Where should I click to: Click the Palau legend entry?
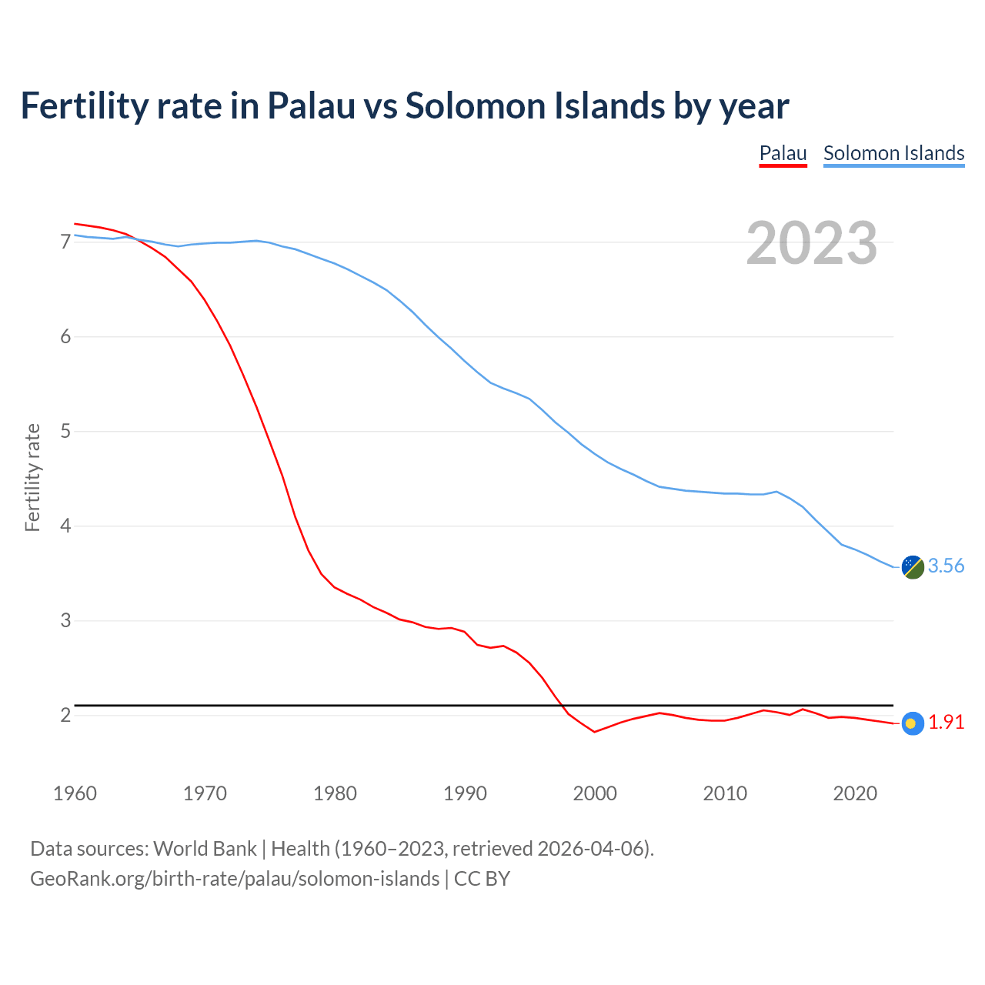783,153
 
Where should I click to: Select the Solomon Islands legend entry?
893,153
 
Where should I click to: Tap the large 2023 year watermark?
811,243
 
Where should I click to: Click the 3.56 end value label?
946,566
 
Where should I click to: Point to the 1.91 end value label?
946,723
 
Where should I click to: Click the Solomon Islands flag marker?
913,567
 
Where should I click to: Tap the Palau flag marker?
912,723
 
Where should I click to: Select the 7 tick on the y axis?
65,242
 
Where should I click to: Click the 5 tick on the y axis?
65,432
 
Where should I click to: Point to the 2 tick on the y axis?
65,716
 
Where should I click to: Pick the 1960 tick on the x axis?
75,793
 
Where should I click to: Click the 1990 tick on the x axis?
465,793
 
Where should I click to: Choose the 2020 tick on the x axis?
855,793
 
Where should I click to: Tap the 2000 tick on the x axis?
595,793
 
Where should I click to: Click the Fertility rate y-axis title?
32,477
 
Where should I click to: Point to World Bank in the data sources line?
205,849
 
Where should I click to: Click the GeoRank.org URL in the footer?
235,879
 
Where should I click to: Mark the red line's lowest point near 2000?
595,732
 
